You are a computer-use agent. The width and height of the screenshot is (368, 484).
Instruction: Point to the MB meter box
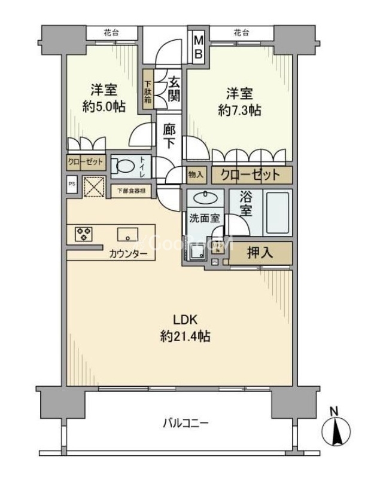[x=199, y=45]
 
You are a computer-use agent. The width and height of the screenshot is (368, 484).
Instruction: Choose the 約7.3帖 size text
[x=239, y=111]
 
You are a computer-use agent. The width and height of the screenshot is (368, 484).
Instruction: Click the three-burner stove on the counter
[x=83, y=234]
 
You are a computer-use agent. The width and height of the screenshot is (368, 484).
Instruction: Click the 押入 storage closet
[x=261, y=253]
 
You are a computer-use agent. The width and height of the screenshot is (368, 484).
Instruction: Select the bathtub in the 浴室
[x=278, y=214]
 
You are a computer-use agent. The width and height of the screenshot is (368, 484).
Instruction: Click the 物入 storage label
[x=196, y=175]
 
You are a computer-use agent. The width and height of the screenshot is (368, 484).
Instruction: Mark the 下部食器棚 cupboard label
[x=131, y=191]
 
